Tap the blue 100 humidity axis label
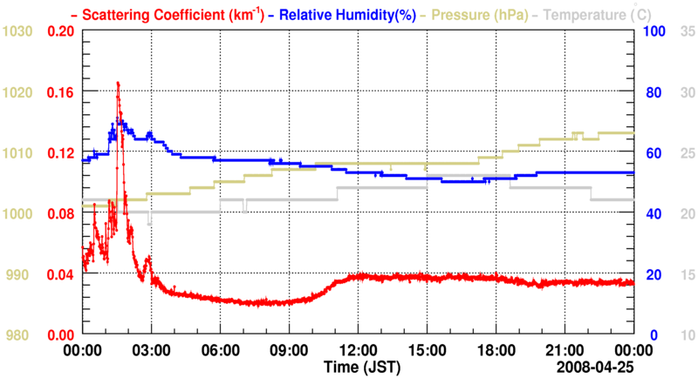(x=654, y=31)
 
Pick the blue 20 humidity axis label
(x=652, y=274)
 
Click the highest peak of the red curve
(x=118, y=83)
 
